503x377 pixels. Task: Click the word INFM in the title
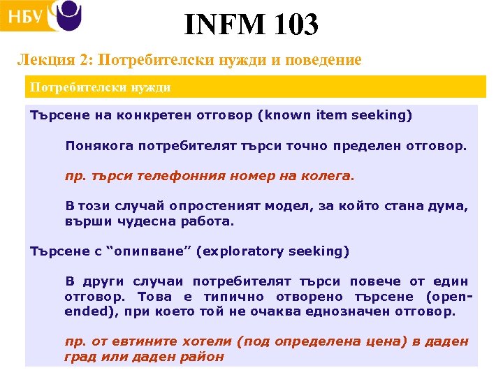pyautogui.click(x=223, y=25)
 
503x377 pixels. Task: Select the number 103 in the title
pyautogui.click(x=293, y=25)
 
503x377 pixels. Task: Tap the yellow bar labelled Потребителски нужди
pyautogui.click(x=255, y=87)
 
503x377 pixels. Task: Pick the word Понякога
pyautogui.click(x=99, y=146)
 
